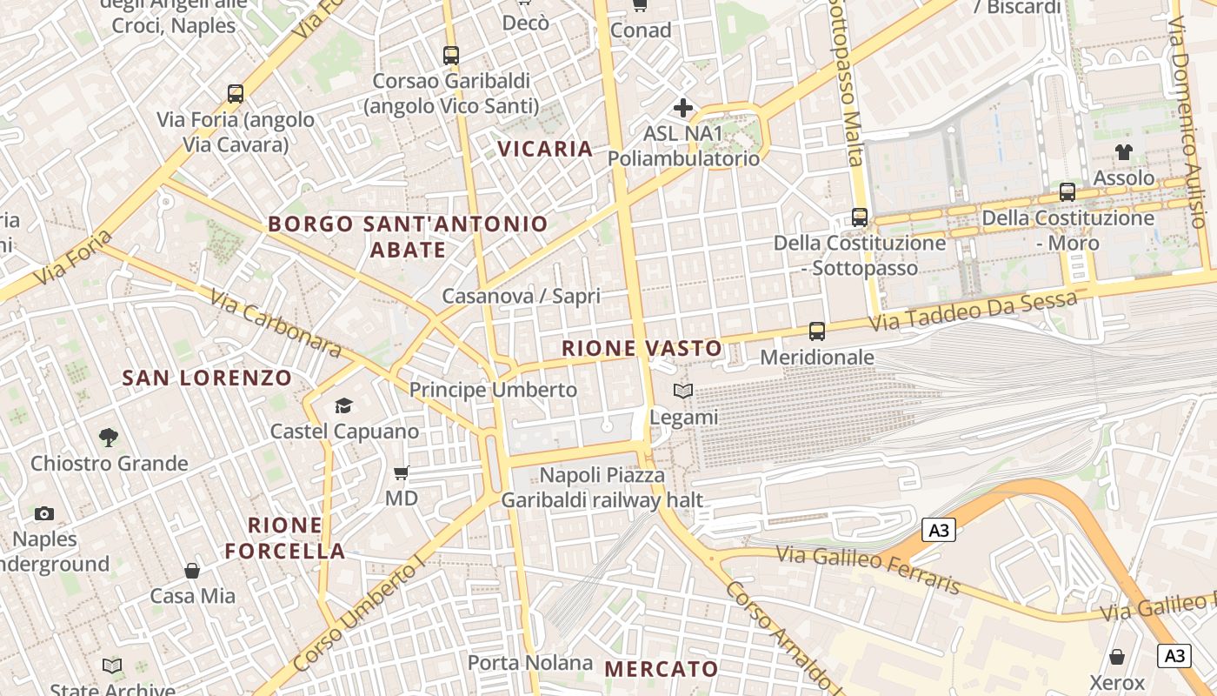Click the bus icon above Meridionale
pos(816,331)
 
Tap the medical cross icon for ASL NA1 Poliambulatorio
pos(683,108)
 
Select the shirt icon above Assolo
pos(1124,152)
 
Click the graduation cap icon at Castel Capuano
pos(343,405)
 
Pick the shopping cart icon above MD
pos(401,473)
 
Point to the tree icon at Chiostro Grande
pos(109,437)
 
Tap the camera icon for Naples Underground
pos(44,513)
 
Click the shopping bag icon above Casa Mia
pos(192,571)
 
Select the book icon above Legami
pos(683,391)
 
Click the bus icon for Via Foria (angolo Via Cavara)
pos(235,94)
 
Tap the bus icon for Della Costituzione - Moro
pos(1067,192)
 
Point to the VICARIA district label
pos(545,149)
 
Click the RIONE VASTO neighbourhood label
pos(642,349)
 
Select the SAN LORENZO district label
pos(207,378)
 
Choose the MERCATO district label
pos(662,669)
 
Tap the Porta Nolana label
pos(530,663)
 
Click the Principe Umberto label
pos(493,390)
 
